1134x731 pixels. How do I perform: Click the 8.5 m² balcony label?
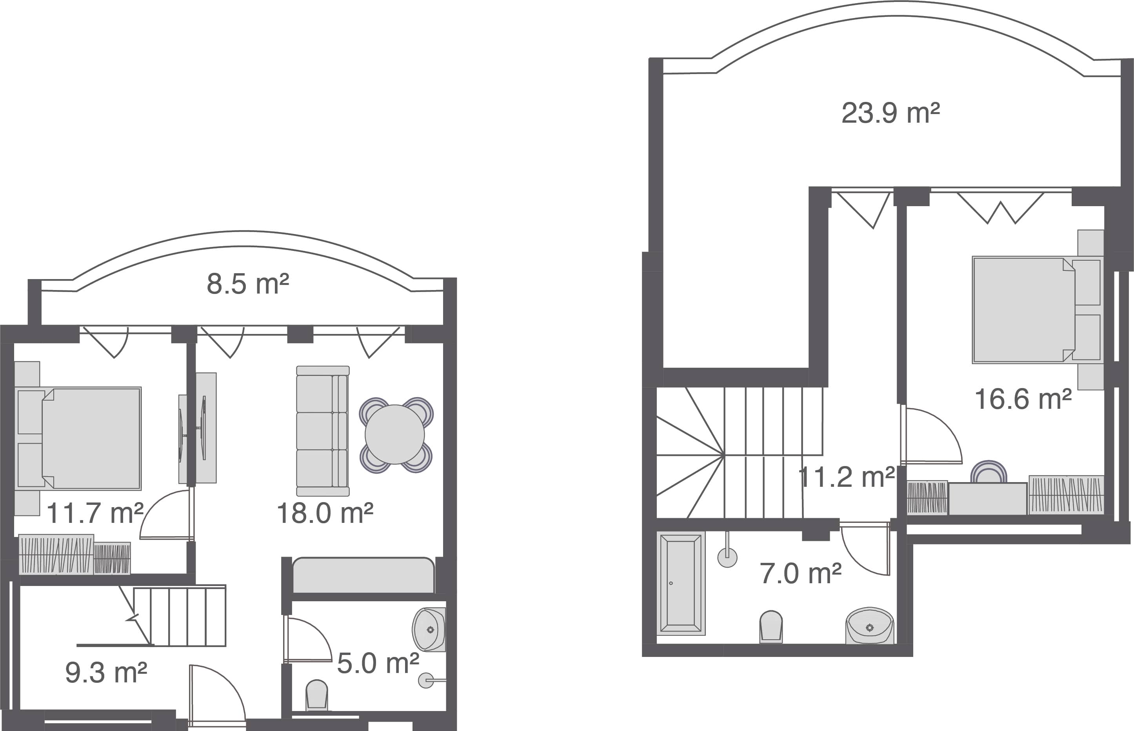[247, 284]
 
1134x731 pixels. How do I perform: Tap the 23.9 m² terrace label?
[890, 113]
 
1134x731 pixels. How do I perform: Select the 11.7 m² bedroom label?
[95, 513]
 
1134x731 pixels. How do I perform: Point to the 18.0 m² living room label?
[325, 513]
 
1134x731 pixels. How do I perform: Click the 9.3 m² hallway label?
[106, 673]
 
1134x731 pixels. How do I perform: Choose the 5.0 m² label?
[378, 663]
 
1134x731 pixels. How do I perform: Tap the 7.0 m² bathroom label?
[801, 573]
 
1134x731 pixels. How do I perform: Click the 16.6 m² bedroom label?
[1023, 399]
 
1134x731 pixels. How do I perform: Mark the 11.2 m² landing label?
[846, 477]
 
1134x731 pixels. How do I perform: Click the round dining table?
[394, 434]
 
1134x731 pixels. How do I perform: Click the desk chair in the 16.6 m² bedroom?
[988, 472]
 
